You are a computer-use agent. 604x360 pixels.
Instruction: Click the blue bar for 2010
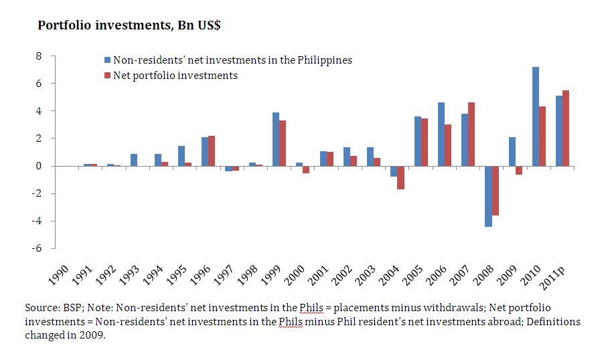coord(536,116)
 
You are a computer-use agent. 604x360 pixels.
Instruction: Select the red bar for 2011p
coord(567,128)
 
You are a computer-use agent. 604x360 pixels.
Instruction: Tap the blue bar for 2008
coord(488,196)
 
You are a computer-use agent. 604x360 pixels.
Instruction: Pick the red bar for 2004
coord(400,177)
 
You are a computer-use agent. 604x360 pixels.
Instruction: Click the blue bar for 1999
coord(275,139)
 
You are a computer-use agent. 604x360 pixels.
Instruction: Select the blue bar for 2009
coord(512,151)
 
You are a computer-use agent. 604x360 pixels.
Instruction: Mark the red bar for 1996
coord(212,151)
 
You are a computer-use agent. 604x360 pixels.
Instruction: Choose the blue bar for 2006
coord(441,134)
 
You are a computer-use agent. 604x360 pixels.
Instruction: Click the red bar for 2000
coord(306,169)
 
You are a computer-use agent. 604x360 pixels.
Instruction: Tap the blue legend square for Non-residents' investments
coord(107,60)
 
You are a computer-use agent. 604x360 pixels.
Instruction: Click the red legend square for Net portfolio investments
coord(107,76)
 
